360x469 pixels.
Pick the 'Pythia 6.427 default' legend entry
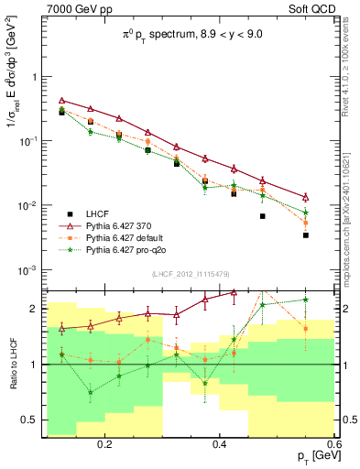[123, 236]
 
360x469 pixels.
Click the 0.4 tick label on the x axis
[219, 443]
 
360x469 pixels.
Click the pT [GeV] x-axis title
[311, 456]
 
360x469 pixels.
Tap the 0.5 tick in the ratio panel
[32, 420]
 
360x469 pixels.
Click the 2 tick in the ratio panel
[35, 309]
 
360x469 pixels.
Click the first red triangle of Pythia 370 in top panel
[61, 100]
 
